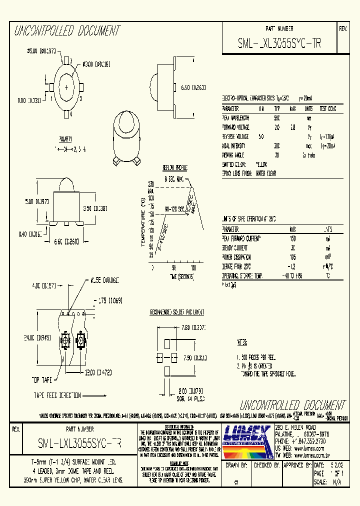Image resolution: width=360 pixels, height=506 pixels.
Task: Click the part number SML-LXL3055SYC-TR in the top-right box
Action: coord(279,43)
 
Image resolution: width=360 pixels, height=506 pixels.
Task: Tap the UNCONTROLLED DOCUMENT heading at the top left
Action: coord(67,31)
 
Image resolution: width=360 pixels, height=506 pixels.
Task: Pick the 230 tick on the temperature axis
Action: coord(150,184)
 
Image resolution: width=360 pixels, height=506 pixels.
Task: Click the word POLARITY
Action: coord(65,138)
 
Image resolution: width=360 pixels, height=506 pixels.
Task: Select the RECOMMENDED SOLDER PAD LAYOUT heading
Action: coord(177,312)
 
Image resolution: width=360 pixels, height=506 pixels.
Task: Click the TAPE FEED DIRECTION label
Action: coord(57,395)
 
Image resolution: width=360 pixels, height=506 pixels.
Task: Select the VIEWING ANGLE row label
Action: coord(235,154)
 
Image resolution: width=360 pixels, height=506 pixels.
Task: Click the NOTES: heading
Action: coord(242,342)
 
